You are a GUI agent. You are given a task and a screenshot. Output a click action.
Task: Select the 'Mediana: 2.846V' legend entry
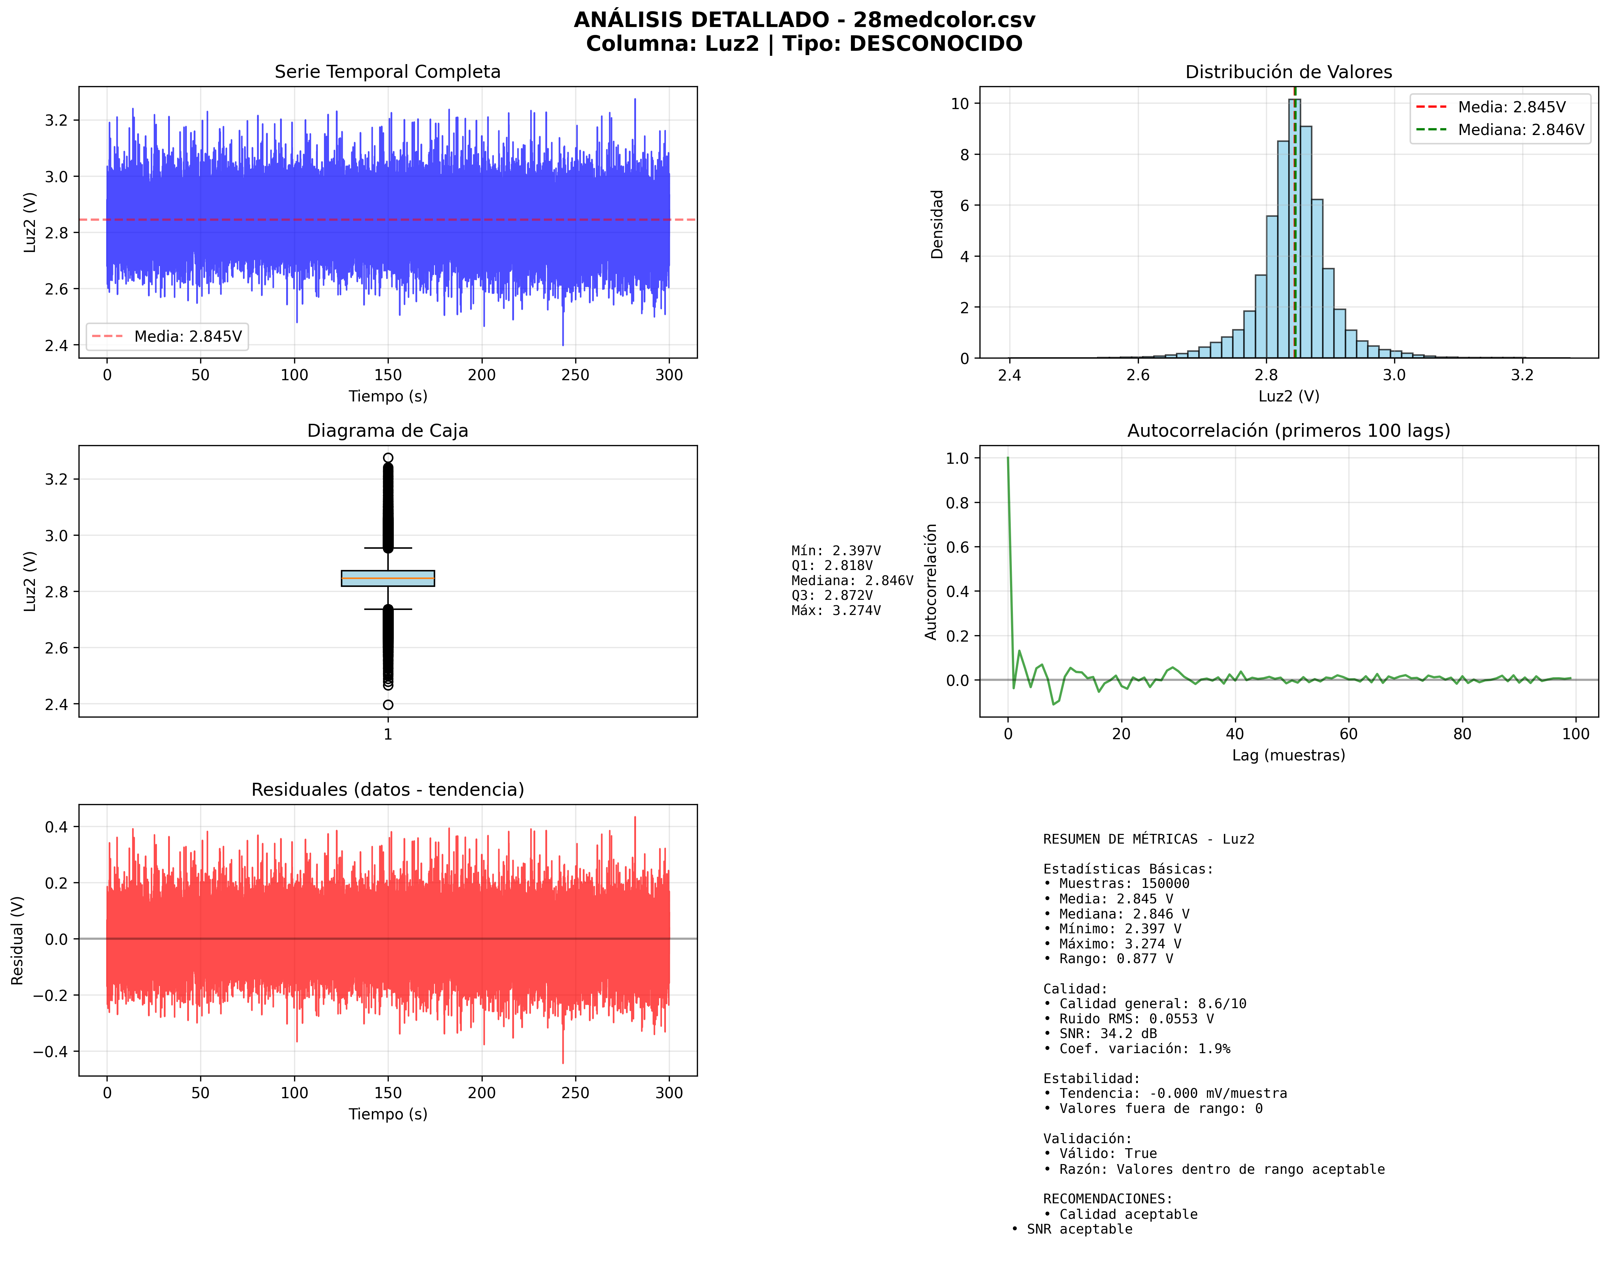pyautogui.click(x=1520, y=130)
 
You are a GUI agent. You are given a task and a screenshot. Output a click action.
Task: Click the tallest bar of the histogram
pyautogui.click(x=1294, y=229)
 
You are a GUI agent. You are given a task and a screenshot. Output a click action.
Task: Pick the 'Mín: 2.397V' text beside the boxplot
pyautogui.click(x=835, y=551)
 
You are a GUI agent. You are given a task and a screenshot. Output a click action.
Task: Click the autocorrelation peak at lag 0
pyautogui.click(x=1008, y=459)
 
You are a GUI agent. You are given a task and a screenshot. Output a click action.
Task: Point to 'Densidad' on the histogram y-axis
pyautogui.click(x=937, y=224)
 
